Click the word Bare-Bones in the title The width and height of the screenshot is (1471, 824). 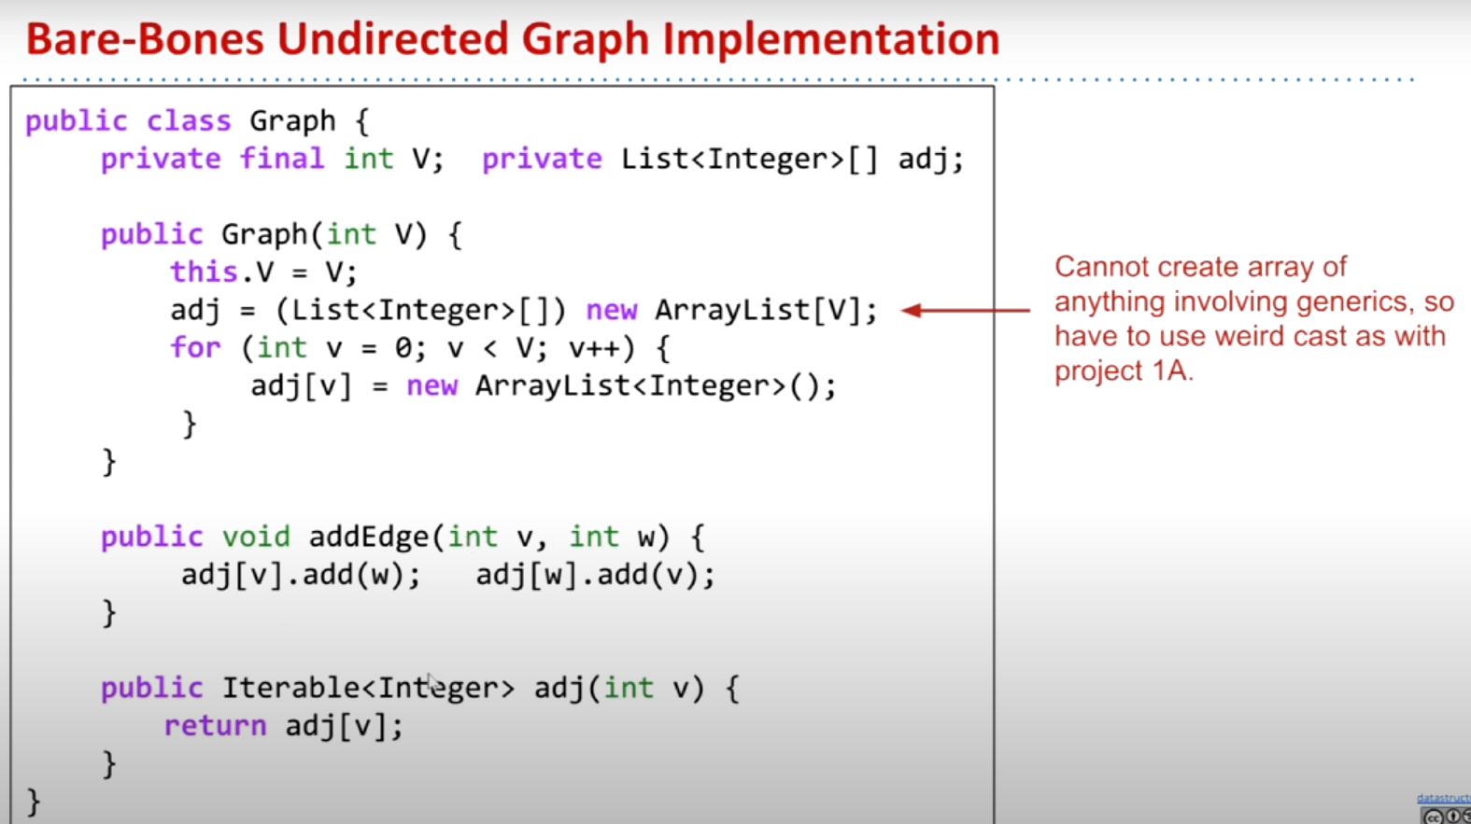143,39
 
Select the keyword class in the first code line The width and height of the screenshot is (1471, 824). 188,121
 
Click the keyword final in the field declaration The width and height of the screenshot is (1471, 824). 281,159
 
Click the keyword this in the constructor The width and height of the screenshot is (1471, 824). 204,272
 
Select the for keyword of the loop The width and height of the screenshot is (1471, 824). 195,348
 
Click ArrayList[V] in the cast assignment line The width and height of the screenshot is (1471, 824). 764,310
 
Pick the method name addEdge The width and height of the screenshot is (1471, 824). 368,537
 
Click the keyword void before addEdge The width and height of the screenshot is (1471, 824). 255,537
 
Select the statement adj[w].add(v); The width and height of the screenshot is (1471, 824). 595,575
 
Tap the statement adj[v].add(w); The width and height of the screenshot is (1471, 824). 301,575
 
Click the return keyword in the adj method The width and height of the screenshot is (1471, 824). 215,726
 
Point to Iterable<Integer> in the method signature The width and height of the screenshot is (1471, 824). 367,689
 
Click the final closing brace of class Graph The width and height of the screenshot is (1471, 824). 34,802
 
